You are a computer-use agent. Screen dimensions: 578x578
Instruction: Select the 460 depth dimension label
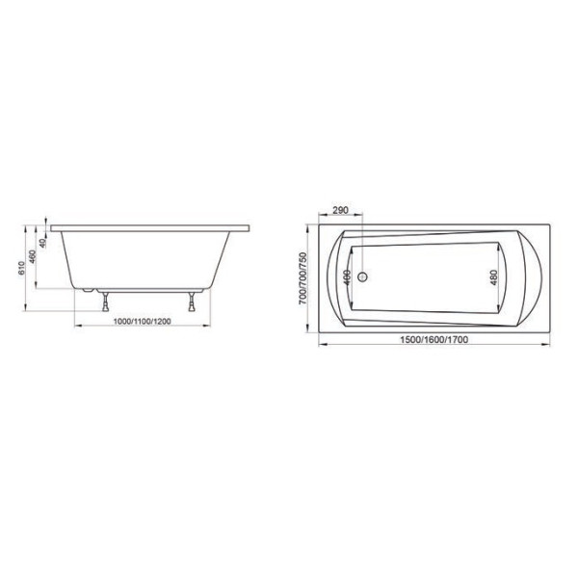[x=33, y=258]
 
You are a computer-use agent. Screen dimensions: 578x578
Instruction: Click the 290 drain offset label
[x=340, y=212]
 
